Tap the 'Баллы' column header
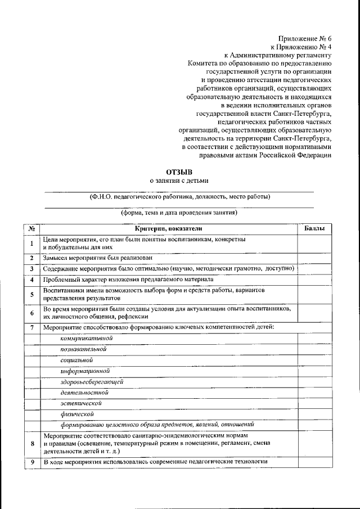(314, 229)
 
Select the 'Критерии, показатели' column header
(168, 229)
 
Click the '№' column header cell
(33, 229)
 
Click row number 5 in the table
(33, 294)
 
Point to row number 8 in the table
(33, 444)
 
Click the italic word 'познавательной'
(84, 349)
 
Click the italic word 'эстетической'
(81, 403)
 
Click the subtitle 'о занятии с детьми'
(179, 181)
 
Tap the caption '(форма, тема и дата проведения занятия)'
(179, 214)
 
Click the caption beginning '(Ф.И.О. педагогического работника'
(179, 197)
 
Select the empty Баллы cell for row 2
(314, 258)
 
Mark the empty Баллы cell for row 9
(314, 462)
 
